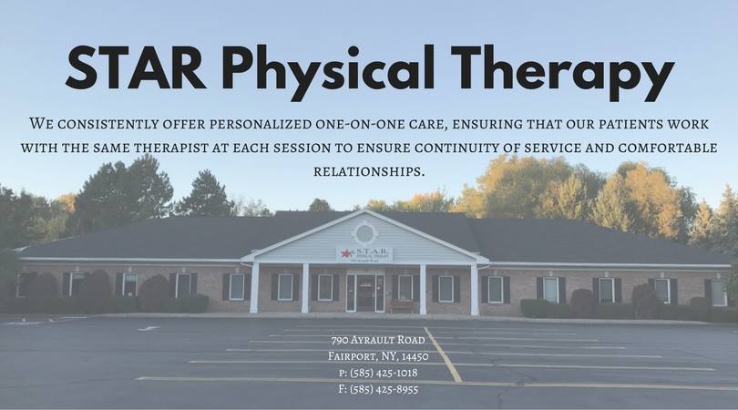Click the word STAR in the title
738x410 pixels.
click(136, 67)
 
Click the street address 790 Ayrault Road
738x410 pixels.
click(378, 340)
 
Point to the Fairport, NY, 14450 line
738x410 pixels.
click(378, 356)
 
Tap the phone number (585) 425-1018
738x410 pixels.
click(378, 373)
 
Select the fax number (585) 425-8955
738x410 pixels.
click(378, 389)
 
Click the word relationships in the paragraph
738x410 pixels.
click(369, 171)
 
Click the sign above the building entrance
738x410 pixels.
click(364, 255)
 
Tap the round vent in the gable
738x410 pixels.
click(364, 233)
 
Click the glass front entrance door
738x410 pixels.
click(365, 292)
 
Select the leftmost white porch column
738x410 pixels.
click(254, 288)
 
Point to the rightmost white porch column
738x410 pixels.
click(475, 289)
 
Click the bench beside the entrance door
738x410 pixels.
click(402, 306)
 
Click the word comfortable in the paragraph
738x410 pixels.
click(668, 148)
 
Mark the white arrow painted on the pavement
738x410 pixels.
click(149, 328)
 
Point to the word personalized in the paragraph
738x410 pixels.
click(260, 124)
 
